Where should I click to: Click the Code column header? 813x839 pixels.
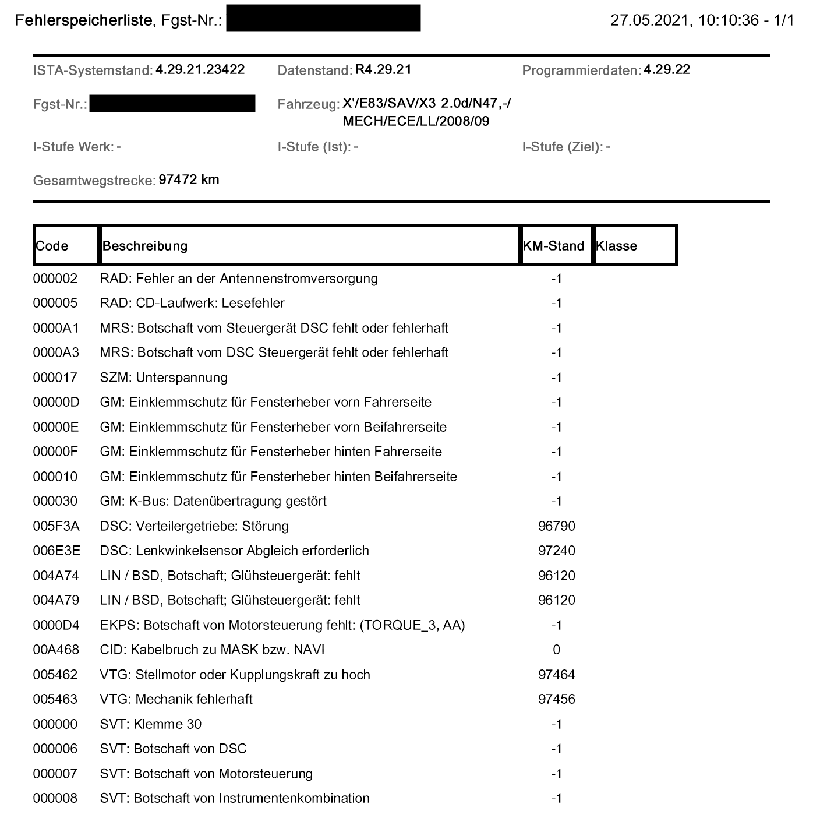(52, 246)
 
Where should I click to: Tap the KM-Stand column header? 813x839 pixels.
(553, 246)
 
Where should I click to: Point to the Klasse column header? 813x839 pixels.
(616, 246)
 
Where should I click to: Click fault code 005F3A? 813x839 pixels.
(56, 526)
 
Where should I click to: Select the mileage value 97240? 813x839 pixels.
(556, 551)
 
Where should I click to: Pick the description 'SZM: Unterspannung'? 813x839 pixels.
(164, 378)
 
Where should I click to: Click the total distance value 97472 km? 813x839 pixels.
(189, 179)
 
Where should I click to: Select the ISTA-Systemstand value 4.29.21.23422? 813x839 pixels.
(200, 70)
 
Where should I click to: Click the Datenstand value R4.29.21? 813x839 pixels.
(383, 70)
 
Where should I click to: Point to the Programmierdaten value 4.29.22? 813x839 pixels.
(667, 70)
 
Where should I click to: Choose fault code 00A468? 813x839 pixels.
(56, 650)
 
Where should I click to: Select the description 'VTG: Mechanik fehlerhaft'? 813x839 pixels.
(176, 699)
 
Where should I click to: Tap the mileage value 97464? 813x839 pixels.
(556, 675)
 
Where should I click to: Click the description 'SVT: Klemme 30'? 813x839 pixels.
(150, 724)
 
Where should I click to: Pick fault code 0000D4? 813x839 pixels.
(56, 625)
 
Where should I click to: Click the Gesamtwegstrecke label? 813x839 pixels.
(94, 181)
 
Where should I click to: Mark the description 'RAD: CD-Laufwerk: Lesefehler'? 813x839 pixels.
(192, 303)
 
